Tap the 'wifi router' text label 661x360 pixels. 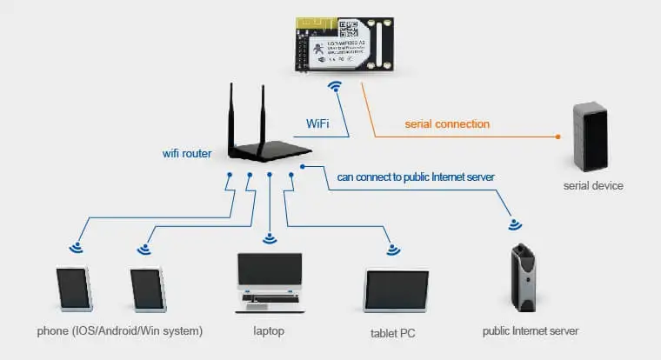[188, 153]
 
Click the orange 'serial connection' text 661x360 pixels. [447, 123]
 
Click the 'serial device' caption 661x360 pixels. [593, 186]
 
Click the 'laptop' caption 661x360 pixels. [269, 331]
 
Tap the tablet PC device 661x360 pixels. [396, 291]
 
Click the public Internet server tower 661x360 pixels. [524, 279]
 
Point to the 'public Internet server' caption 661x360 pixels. [530, 331]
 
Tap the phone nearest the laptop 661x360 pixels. [148, 289]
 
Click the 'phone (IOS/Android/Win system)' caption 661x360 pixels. [120, 331]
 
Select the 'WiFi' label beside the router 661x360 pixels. [317, 123]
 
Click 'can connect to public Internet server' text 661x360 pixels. [416, 177]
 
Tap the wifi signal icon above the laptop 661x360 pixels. [270, 237]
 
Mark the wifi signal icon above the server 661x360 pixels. [515, 224]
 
